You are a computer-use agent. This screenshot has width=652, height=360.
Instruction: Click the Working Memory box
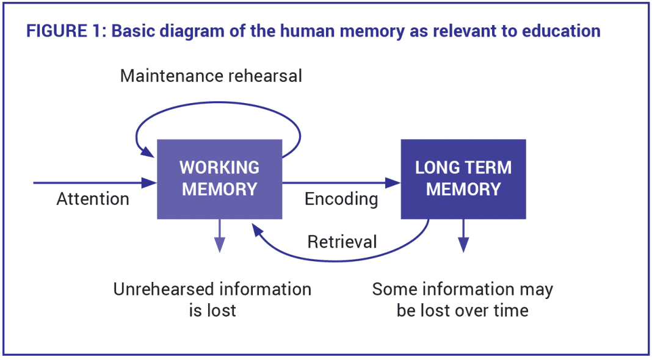pos(219,179)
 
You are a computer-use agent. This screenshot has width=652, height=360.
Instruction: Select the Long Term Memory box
pos(463,179)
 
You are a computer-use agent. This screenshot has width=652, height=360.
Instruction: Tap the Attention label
pos(93,200)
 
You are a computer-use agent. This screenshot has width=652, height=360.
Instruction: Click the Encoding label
pos(341,200)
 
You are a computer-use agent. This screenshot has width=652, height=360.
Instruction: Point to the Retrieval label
pos(342,242)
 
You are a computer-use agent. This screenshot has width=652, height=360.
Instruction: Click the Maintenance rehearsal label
pos(211,76)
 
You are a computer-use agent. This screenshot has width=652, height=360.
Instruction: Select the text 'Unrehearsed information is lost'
pos(212,299)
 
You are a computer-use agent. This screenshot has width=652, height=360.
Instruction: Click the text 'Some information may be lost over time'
pos(462,299)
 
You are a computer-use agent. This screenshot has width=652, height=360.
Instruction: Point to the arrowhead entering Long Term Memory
pos(393,182)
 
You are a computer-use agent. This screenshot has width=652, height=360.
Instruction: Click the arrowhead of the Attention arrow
pos(150,182)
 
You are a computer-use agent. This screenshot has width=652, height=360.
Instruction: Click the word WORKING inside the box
pos(219,168)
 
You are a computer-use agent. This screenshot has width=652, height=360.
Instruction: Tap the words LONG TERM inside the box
pos(463,168)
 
